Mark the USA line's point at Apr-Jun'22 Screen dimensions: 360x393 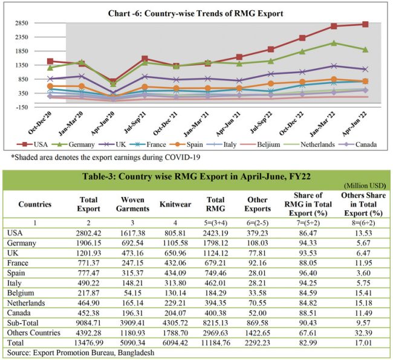pos(365,24)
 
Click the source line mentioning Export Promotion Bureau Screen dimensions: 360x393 pos(81,351)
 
